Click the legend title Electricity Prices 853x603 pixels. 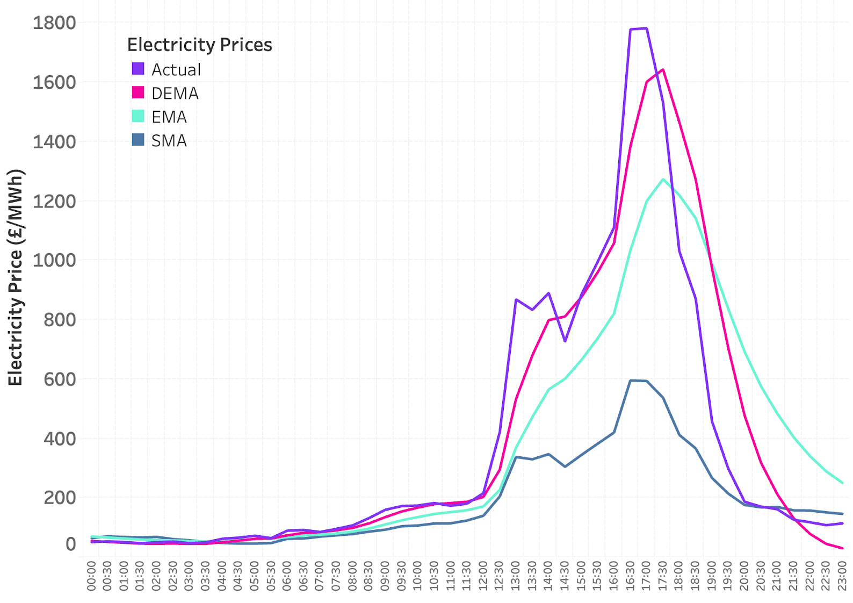tap(199, 45)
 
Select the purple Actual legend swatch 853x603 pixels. tap(138, 69)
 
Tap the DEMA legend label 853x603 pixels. tap(175, 94)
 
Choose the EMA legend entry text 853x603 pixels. tap(169, 117)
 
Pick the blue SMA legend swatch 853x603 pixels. tap(138, 140)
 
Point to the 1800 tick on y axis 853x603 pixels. tap(54, 23)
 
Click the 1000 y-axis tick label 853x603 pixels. tap(54, 260)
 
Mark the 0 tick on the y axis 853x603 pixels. tap(70, 544)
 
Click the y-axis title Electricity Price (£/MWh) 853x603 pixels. tap(16, 277)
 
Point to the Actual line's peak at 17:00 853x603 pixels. tap(646, 28)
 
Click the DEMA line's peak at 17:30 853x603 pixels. tap(663, 69)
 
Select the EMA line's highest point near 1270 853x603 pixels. tap(663, 180)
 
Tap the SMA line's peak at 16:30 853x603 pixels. tap(630, 381)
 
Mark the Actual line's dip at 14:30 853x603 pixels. tap(565, 341)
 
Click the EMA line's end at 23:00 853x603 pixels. tap(842, 483)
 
